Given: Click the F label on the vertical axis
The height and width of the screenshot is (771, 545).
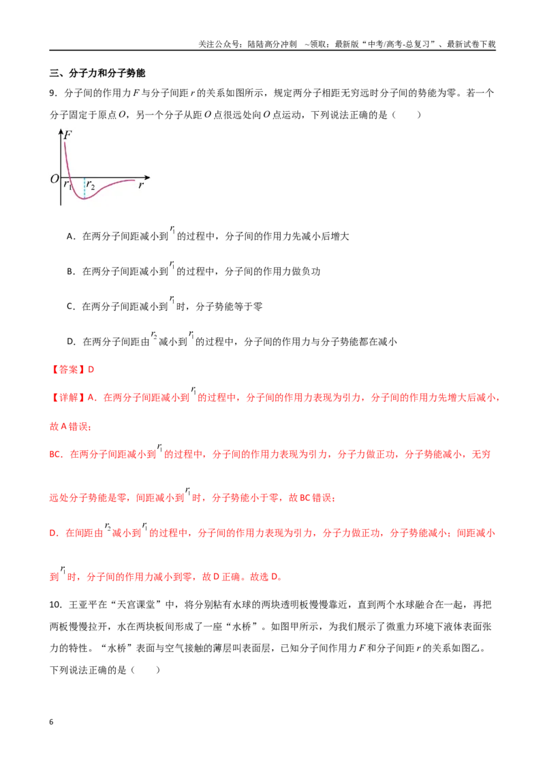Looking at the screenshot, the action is coord(68,134).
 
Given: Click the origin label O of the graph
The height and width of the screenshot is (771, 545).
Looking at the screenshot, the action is coord(54,178).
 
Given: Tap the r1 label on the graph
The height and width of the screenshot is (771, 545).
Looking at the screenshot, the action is coord(67,185).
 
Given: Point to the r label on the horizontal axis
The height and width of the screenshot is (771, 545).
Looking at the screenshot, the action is coord(141,185).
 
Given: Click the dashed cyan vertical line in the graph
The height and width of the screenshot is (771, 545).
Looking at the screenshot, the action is coord(84,188).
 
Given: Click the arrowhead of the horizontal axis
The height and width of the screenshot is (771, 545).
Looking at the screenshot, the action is coord(147,177).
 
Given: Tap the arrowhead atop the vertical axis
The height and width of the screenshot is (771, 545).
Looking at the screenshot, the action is coord(61,131).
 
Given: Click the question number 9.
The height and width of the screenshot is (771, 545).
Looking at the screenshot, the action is coord(53,93).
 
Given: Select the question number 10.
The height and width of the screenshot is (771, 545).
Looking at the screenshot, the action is coord(56,605).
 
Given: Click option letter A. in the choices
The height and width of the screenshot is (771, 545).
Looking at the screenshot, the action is coord(72,236).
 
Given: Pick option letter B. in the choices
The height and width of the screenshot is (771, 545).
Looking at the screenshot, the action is coord(72,272).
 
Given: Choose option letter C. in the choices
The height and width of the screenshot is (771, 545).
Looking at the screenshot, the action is coord(72,306).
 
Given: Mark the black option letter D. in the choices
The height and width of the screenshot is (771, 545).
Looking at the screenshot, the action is coord(72,342).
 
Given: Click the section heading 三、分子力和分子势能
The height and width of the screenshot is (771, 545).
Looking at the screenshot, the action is coord(97,74).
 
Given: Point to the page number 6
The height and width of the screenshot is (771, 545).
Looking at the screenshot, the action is coord(51,722).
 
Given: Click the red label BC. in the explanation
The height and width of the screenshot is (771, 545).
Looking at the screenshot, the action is coord(56,454).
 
